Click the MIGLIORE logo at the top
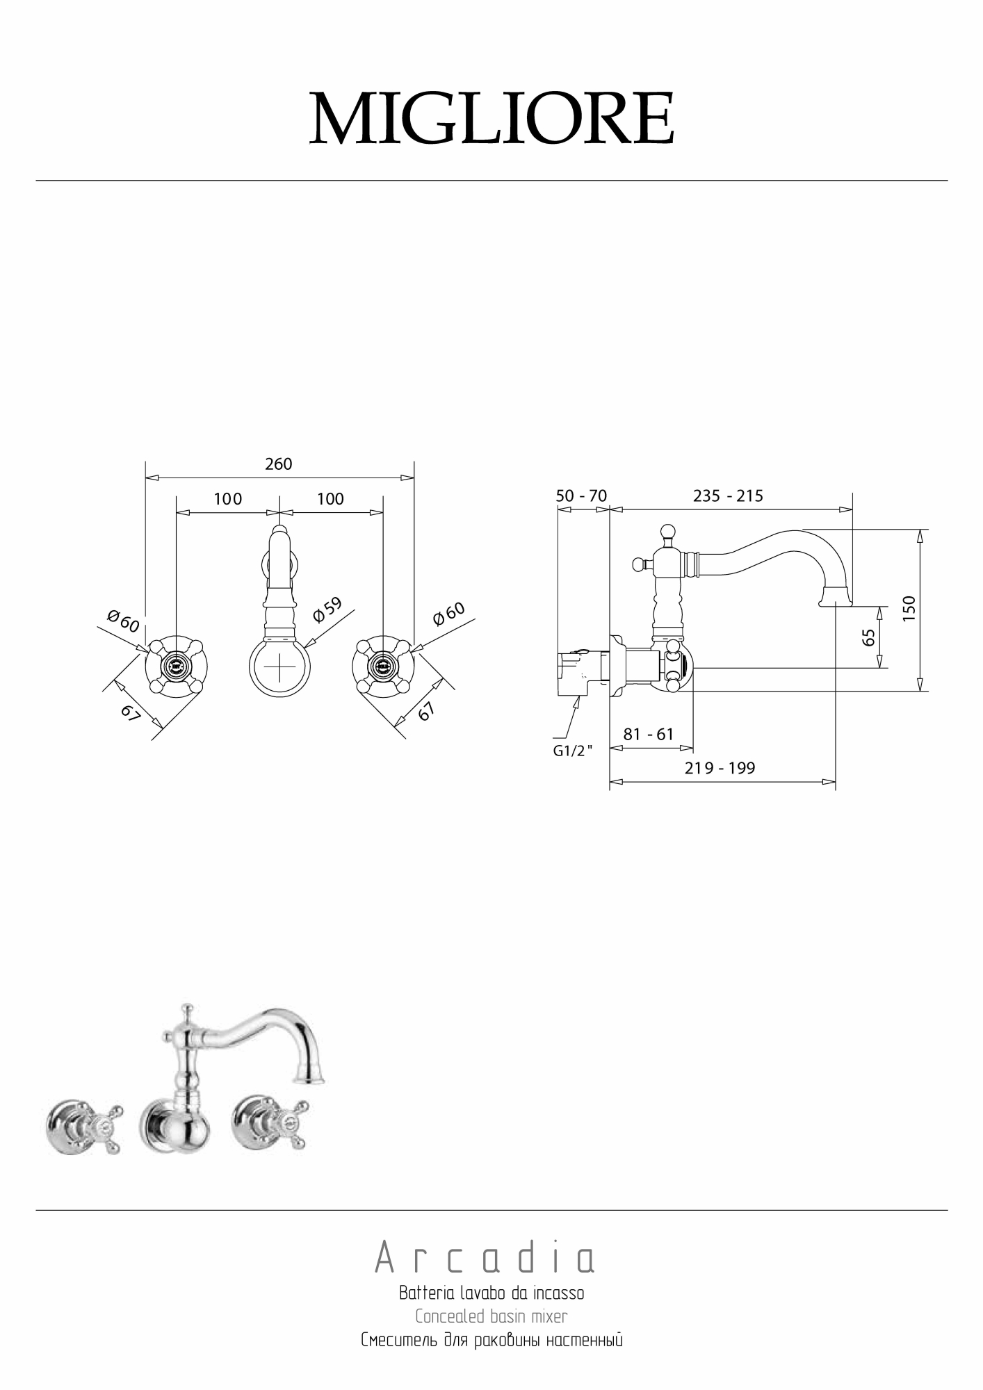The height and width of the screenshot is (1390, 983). [491, 117]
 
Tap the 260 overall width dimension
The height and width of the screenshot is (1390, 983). [279, 464]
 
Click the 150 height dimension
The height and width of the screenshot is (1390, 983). [909, 609]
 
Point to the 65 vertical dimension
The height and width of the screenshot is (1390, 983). [868, 637]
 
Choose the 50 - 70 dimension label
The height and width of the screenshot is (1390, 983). [581, 496]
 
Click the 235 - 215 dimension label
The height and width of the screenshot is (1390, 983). [728, 496]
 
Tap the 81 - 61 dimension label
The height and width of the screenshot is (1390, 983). [649, 735]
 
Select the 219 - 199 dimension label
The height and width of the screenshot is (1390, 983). [720, 768]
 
